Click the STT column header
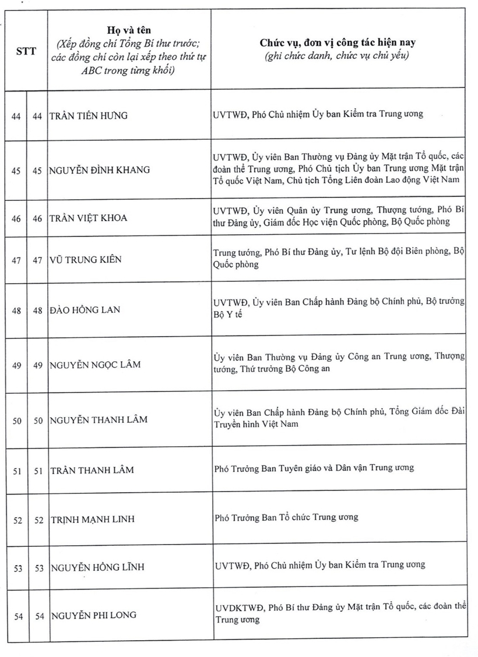[26, 51]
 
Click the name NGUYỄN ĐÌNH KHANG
[100, 170]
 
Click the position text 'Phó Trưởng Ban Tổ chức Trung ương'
[286, 517]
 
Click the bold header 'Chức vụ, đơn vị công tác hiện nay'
[338, 43]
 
